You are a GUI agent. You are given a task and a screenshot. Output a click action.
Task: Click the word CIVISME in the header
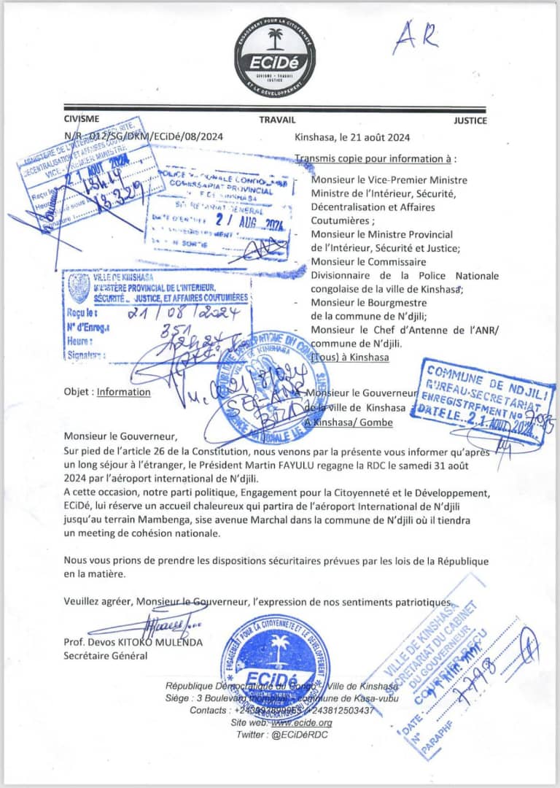pyautogui.click(x=82, y=119)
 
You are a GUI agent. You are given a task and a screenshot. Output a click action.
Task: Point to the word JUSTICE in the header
pyautogui.click(x=470, y=120)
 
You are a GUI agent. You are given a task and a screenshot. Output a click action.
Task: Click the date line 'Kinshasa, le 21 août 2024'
pyautogui.click(x=352, y=136)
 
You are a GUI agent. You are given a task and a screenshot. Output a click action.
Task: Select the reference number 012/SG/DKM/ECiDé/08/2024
pyautogui.click(x=155, y=136)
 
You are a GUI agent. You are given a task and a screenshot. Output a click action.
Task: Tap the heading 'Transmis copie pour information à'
pyautogui.click(x=376, y=158)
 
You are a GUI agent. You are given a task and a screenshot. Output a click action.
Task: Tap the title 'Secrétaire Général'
pyautogui.click(x=105, y=655)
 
